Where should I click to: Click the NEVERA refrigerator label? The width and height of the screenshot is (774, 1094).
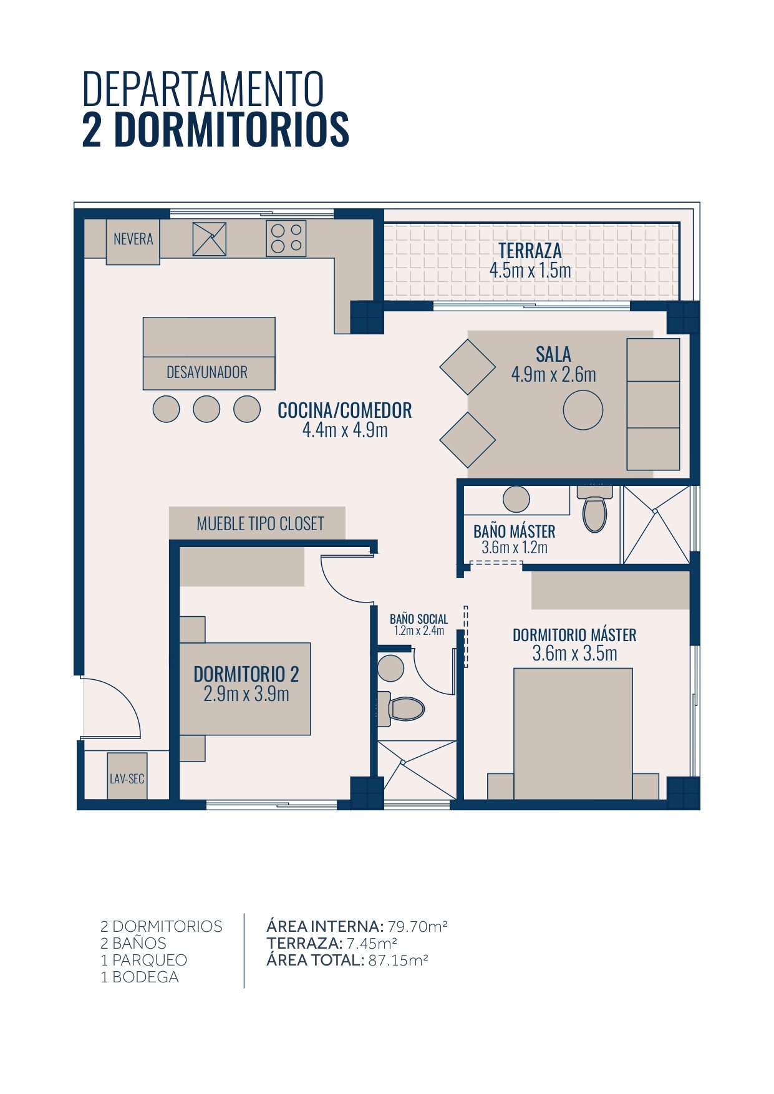(133, 239)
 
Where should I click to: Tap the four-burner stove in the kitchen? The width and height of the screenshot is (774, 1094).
(286, 238)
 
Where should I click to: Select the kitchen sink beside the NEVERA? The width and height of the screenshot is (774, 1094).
(209, 238)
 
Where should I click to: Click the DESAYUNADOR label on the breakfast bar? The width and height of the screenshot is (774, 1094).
(207, 372)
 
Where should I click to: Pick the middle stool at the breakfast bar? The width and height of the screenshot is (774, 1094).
(206, 409)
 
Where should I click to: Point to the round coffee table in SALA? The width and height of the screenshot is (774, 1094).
(583, 410)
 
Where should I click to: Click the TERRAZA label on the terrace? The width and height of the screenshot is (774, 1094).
(530, 251)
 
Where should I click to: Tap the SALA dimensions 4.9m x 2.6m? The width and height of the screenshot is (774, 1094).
(554, 374)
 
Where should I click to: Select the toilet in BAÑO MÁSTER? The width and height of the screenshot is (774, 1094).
(595, 509)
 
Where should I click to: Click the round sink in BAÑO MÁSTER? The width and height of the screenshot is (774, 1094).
(516, 499)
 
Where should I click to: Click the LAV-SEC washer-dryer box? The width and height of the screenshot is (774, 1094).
(127, 776)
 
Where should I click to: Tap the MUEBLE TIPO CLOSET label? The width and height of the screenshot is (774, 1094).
(261, 523)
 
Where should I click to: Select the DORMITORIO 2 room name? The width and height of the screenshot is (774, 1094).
(246, 674)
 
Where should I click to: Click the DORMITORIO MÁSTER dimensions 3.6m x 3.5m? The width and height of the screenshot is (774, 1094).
(575, 653)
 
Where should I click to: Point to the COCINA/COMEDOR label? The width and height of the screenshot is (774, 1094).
(345, 410)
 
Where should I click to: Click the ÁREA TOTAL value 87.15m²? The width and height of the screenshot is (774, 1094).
(398, 961)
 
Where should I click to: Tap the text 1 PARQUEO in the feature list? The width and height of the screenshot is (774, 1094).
(144, 961)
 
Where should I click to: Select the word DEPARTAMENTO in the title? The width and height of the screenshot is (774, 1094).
(203, 89)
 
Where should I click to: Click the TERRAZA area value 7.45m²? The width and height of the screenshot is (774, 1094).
(372, 943)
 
